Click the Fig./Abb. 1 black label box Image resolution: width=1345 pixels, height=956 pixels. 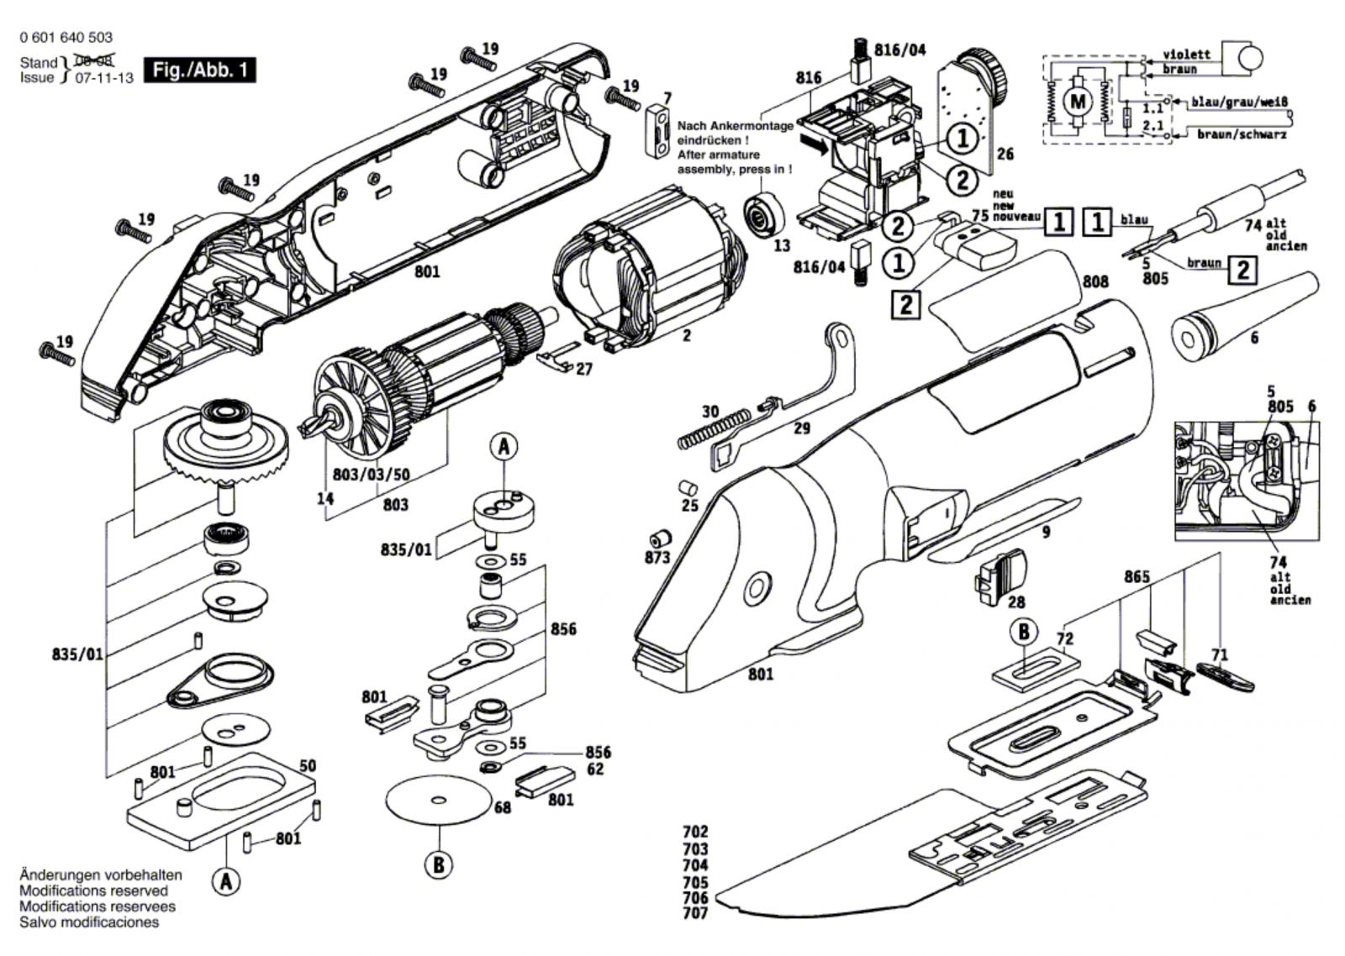[x=199, y=70]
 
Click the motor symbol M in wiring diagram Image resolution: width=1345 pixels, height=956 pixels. [x=1077, y=102]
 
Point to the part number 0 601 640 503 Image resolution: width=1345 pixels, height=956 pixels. [x=65, y=38]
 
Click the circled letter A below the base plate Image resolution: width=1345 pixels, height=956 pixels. [x=225, y=882]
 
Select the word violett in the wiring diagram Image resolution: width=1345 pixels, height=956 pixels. [x=1186, y=54]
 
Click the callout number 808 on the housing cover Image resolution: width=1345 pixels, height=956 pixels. [x=1095, y=282]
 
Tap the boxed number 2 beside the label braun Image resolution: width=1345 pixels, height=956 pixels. [x=1242, y=270]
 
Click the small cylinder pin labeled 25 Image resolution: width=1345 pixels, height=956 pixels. [x=687, y=487]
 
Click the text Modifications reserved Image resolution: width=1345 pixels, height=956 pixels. [x=93, y=890]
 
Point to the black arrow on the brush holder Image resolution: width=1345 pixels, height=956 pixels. [x=813, y=144]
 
